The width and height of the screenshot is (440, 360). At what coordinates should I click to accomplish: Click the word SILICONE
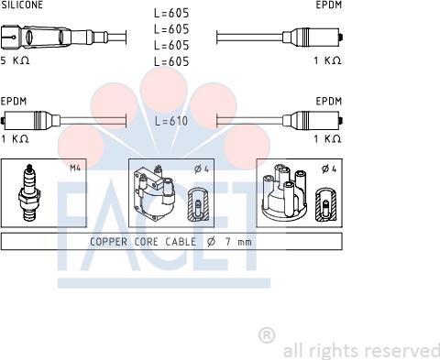[x=22, y=5]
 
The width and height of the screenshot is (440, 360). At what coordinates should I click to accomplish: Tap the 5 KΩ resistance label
[x=15, y=60]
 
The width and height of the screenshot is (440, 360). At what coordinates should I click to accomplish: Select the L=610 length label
[x=171, y=121]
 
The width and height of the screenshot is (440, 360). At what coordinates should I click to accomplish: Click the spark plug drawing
[x=29, y=192]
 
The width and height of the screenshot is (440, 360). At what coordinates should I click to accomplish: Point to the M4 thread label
[x=75, y=168]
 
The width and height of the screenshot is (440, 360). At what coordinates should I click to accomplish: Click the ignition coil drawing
[x=154, y=193]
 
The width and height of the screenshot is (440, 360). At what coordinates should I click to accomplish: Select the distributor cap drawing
[x=284, y=192]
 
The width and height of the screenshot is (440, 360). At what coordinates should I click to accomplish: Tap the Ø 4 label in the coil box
[x=202, y=169]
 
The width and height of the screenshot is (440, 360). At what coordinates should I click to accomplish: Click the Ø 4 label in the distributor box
[x=329, y=169]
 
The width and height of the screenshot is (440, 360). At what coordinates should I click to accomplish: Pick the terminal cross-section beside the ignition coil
[x=198, y=204]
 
